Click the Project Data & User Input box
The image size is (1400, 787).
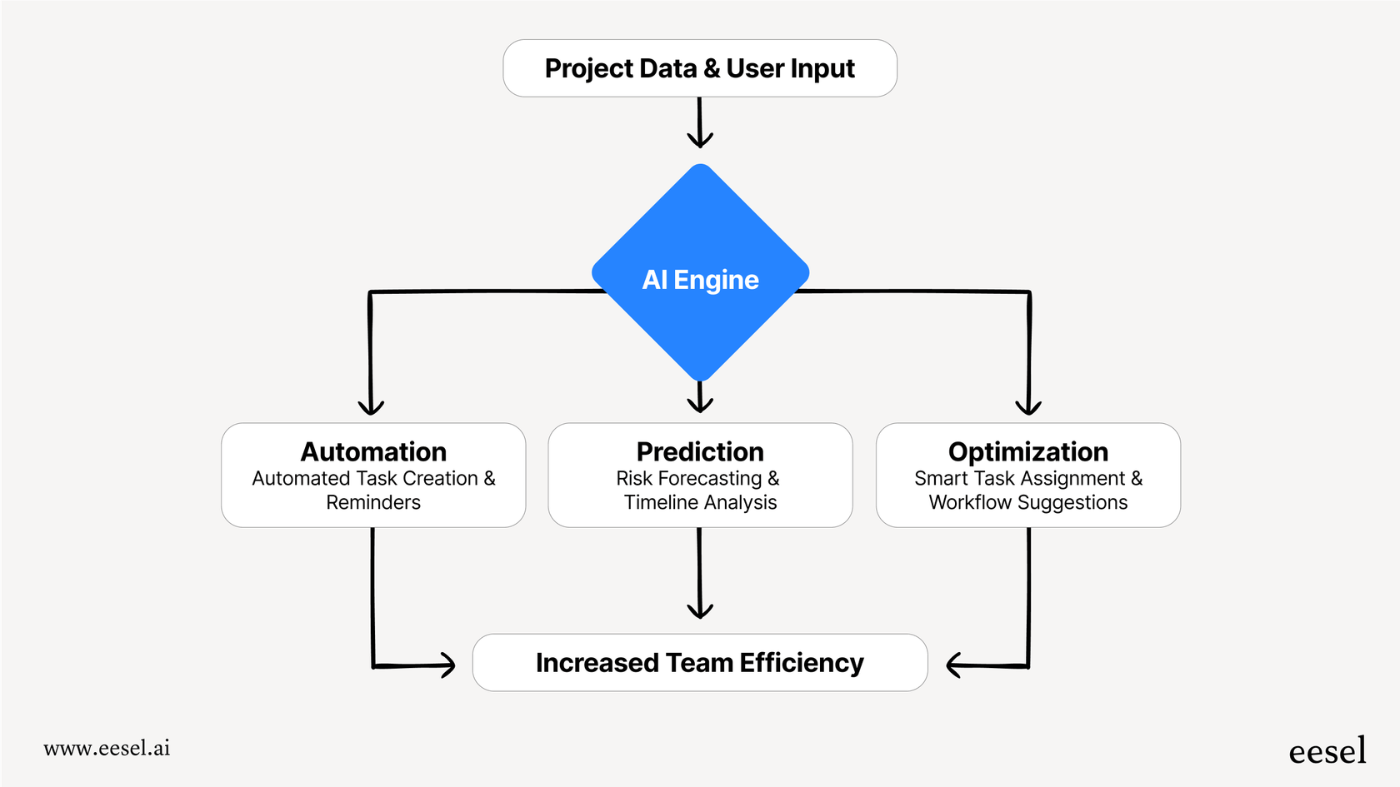click(699, 68)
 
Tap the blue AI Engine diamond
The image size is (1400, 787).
click(700, 275)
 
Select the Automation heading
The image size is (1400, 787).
click(373, 451)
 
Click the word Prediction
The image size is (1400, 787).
click(700, 451)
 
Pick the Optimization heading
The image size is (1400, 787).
click(1027, 451)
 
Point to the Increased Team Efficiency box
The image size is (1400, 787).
click(699, 663)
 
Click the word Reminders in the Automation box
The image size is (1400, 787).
click(373, 502)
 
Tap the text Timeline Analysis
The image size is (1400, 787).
click(700, 502)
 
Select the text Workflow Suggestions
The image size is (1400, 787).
click(1027, 502)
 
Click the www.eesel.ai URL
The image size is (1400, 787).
click(107, 748)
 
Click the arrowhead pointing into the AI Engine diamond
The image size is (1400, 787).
click(700, 140)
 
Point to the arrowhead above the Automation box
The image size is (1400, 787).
click(371, 407)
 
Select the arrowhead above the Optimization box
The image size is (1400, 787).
click(1028, 407)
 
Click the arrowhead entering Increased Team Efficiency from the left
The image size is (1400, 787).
click(447, 665)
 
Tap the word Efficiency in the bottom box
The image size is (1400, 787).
click(801, 663)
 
